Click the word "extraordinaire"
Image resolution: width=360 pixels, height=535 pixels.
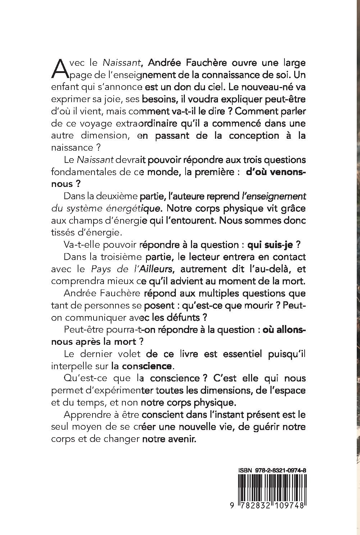(x=142, y=123)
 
